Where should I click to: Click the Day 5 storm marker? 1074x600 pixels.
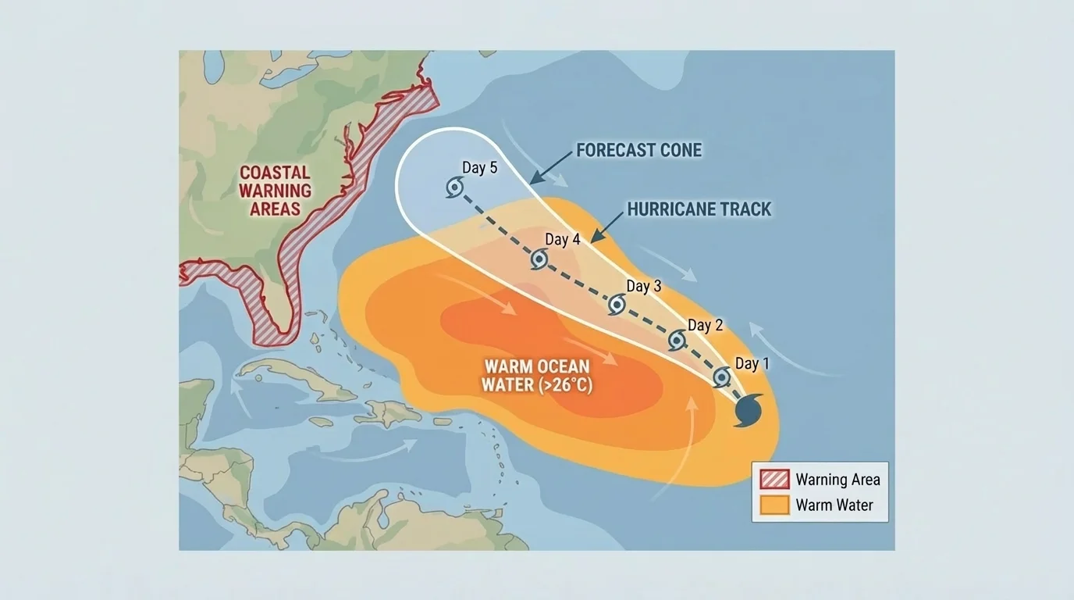455,187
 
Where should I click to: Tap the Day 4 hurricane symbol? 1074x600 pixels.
539,260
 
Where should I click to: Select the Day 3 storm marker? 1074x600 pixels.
617,305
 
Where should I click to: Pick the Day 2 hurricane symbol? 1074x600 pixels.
677,340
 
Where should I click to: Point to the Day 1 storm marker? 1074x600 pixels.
723,377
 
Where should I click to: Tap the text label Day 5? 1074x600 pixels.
479,168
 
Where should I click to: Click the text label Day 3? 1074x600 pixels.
644,287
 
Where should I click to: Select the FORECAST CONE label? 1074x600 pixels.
639,150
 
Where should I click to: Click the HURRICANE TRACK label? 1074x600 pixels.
699,209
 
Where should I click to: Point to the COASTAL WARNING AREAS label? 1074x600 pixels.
275,191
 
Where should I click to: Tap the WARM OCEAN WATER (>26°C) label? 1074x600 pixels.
536,375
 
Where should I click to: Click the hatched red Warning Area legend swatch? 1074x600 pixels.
773,479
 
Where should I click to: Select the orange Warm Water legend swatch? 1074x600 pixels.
773,505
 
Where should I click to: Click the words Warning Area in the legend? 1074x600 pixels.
838,480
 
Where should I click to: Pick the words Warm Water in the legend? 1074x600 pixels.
834,505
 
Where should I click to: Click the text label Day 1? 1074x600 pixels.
752,364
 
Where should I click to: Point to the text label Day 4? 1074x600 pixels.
563,240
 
